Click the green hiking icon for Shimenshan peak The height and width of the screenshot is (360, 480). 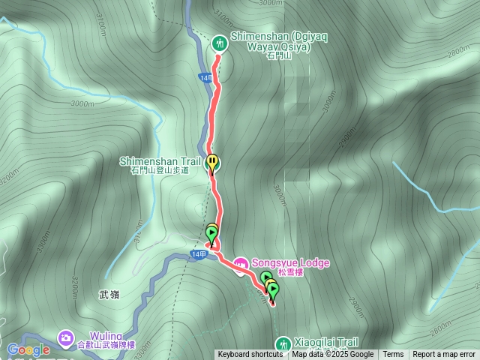pyautogui.click(x=220, y=43)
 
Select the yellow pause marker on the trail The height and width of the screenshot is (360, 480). pyautogui.click(x=214, y=161)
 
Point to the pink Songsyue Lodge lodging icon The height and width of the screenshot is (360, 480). pyautogui.click(x=241, y=264)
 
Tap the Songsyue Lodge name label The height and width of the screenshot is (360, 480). pyautogui.click(x=289, y=263)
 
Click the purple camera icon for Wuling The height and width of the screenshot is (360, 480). pyautogui.click(x=66, y=338)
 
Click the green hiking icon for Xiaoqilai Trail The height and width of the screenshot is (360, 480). pyautogui.click(x=283, y=343)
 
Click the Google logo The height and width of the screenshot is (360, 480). pyautogui.click(x=28, y=349)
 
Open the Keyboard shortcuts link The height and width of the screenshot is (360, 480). pyautogui.click(x=250, y=355)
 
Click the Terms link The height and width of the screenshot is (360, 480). pyautogui.click(x=393, y=355)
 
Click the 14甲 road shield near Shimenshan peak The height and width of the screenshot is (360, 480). pyautogui.click(x=208, y=76)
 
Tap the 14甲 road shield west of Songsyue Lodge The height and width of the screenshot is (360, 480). pyautogui.click(x=198, y=255)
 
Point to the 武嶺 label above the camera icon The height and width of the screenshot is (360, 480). pyautogui.click(x=109, y=295)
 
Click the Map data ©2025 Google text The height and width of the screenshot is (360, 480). pyautogui.click(x=333, y=355)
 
